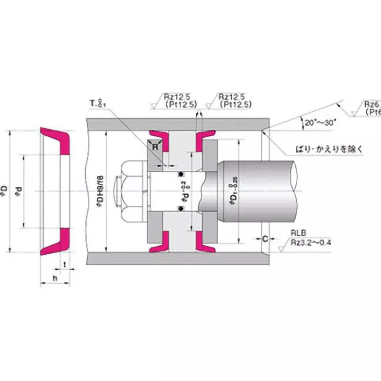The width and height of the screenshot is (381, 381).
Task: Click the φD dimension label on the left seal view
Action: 6,191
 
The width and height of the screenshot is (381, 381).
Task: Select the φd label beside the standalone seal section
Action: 20,191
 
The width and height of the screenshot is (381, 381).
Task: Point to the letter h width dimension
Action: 55,278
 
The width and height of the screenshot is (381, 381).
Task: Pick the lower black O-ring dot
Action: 181,208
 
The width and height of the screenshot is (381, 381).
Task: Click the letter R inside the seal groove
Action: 155,147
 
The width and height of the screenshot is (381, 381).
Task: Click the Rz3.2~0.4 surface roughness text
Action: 312,242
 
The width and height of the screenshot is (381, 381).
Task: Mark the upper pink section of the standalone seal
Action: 57,140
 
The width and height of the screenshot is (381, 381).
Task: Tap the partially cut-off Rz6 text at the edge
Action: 371,107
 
